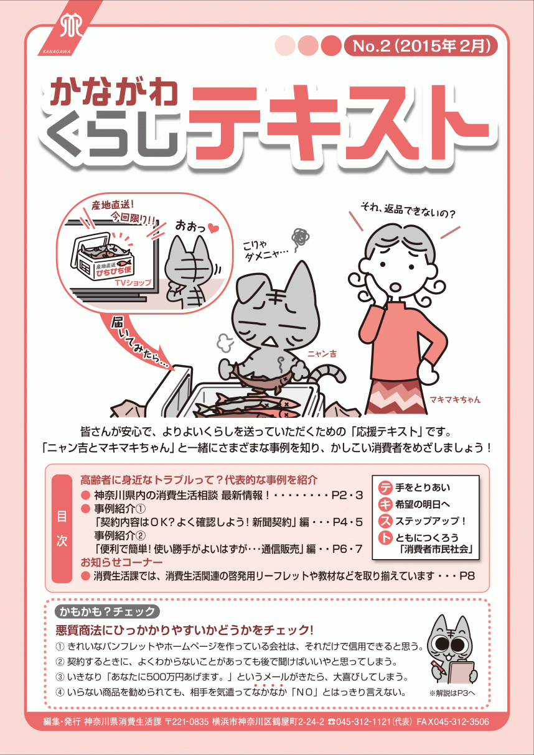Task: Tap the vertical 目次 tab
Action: [62, 529]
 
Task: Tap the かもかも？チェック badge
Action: [106, 611]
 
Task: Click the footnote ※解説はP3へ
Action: [452, 692]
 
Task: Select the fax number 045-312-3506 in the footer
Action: [461, 721]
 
